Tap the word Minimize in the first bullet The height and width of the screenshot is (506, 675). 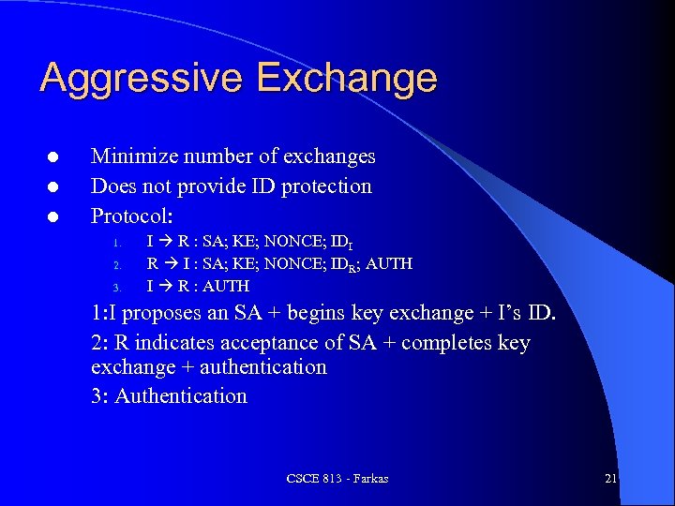click(132, 156)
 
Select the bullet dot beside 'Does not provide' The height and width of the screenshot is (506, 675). click(53, 187)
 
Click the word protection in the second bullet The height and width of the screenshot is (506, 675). click(324, 186)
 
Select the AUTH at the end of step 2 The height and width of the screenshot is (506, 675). click(388, 264)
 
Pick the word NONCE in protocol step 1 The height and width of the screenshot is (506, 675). click(282, 243)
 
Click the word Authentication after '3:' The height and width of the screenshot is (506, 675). click(181, 396)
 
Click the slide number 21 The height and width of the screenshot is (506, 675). click(610, 479)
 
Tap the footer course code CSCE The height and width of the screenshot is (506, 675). click(303, 479)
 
